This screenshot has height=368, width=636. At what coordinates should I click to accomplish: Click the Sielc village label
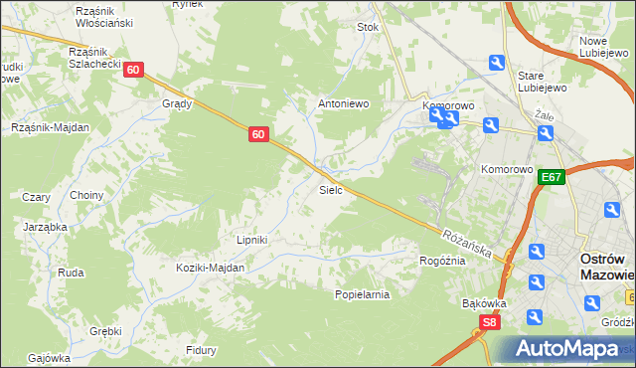pos(331,189)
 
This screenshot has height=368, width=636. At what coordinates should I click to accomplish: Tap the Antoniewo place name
pos(343,102)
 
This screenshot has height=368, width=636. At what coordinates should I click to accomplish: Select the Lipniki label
pos(251,240)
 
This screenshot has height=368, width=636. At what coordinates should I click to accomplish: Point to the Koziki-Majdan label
pos(210,269)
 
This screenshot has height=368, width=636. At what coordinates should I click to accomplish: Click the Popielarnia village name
pos(362,294)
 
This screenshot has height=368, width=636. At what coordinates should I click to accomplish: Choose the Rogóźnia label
pos(442,261)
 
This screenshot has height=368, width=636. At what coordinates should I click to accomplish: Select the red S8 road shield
pos(489,322)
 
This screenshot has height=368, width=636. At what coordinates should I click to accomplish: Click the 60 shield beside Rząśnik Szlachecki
pos(134,70)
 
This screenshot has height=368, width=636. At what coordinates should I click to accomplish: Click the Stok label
pos(369,28)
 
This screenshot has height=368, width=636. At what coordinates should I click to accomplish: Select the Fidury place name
pos(202,350)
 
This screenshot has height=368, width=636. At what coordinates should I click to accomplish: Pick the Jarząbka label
pos(45,227)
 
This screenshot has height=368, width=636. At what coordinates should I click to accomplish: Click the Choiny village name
pos(86,196)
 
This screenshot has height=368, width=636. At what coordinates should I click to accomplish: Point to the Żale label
pos(543,114)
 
